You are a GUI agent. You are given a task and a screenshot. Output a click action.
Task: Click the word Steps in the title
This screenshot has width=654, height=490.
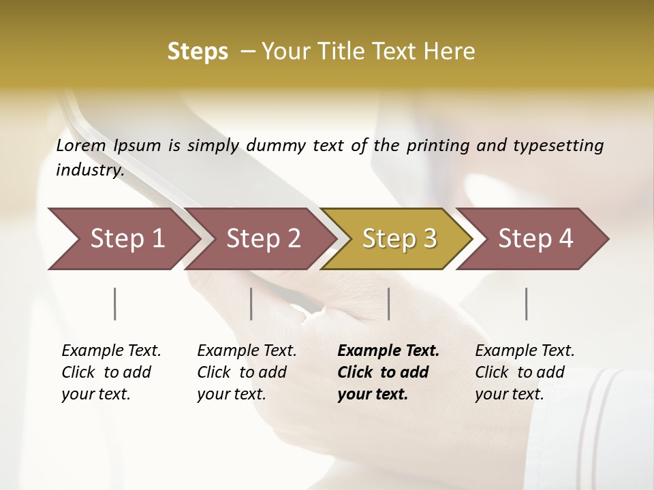(x=198, y=51)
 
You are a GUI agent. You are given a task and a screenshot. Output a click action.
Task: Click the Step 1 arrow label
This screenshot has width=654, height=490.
(x=127, y=239)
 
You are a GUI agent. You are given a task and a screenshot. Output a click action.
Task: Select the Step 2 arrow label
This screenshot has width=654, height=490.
(x=264, y=239)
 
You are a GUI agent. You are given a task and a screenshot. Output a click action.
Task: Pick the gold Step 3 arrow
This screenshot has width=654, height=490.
(x=399, y=239)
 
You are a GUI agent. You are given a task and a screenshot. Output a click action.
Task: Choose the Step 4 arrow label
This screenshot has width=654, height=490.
(x=535, y=239)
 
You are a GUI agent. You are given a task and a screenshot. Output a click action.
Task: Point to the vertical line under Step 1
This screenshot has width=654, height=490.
(x=115, y=304)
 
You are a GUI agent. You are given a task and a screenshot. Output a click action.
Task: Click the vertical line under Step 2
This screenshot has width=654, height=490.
(x=251, y=304)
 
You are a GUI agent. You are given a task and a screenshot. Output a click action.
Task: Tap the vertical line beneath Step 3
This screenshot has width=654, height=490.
(x=388, y=304)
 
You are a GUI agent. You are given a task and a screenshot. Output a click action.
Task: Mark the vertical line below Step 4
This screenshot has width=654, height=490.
(x=527, y=304)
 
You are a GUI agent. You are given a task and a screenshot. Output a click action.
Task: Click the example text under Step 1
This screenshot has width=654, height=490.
(x=111, y=372)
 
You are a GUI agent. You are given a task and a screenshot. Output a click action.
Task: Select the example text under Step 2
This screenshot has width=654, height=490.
(x=247, y=372)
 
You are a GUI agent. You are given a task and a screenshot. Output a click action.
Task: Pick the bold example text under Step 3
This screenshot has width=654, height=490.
(x=388, y=372)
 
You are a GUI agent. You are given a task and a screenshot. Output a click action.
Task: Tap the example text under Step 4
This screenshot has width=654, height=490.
(x=525, y=372)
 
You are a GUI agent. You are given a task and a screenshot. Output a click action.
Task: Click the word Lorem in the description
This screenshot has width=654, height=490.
(x=81, y=146)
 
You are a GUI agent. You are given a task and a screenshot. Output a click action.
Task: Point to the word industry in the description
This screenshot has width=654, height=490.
(x=89, y=170)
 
